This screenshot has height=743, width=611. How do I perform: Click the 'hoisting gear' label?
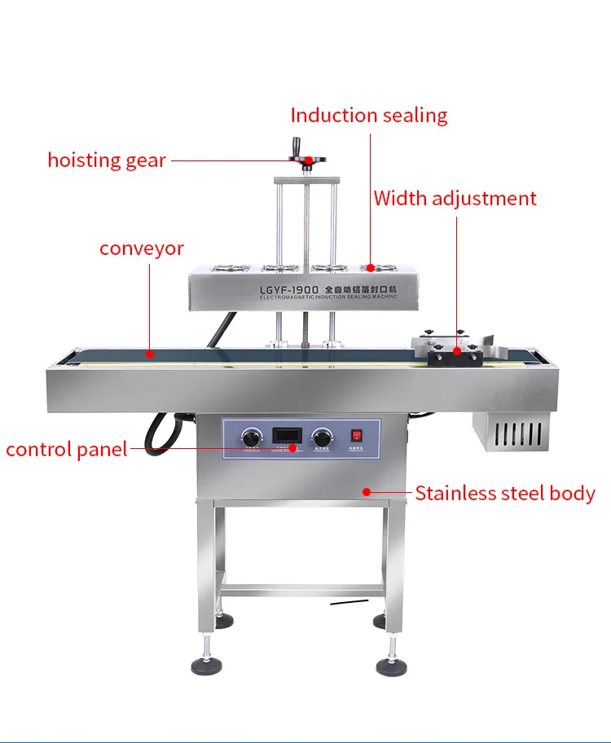click(106, 160)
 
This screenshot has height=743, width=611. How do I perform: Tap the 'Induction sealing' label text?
click(369, 115)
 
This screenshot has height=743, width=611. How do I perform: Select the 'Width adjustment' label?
click(455, 198)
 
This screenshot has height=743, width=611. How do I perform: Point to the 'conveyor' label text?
click(142, 248)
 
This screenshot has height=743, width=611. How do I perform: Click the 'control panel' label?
click(67, 449)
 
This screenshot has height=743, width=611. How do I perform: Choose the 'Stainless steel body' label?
click(505, 493)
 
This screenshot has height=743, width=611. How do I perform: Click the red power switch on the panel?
click(356, 435)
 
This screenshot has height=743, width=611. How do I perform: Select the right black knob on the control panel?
click(323, 436)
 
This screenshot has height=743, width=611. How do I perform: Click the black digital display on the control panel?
click(285, 433)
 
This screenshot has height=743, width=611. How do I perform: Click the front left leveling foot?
click(208, 665)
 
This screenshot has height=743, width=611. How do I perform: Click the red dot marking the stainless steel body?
click(367, 491)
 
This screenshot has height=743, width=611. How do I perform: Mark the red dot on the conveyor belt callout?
click(150, 354)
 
